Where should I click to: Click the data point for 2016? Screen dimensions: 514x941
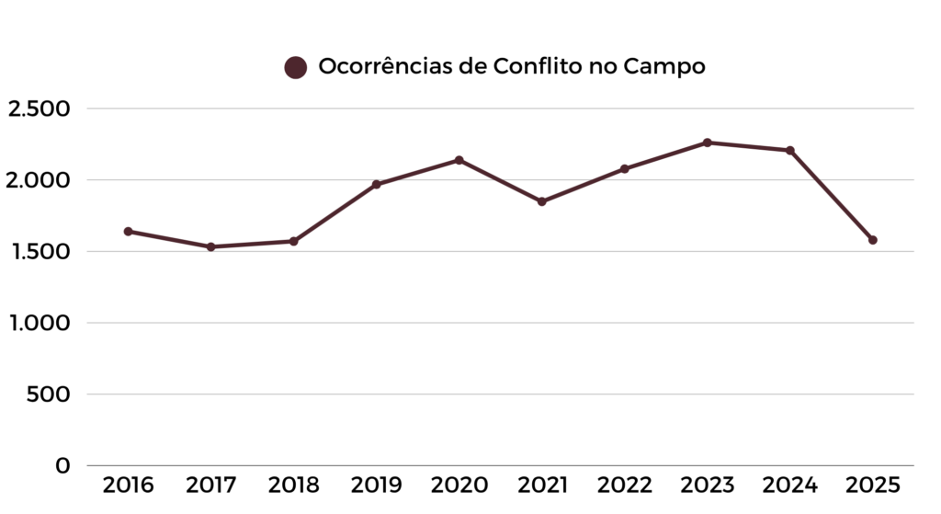[128, 232]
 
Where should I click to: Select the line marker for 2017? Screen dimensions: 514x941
[210, 246]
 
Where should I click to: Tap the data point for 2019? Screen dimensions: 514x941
[376, 185]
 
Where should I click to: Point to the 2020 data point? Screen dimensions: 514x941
[459, 160]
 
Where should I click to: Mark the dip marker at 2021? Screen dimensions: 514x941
[541, 201]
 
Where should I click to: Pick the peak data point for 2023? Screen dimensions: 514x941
[707, 143]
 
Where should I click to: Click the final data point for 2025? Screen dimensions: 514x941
[872, 240]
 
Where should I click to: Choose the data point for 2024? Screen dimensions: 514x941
[789, 150]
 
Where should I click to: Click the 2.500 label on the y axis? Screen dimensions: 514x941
[39, 109]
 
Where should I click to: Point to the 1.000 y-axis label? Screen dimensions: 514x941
[39, 323]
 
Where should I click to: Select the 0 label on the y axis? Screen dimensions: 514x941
[62, 466]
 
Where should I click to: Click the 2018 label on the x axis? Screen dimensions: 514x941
[293, 485]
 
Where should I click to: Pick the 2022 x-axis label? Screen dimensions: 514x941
[624, 485]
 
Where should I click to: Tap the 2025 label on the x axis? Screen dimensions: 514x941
[872, 485]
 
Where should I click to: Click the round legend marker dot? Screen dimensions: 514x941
[295, 67]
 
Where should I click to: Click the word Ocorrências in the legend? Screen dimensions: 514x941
[385, 66]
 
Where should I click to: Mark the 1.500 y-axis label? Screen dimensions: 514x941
[39, 252]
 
